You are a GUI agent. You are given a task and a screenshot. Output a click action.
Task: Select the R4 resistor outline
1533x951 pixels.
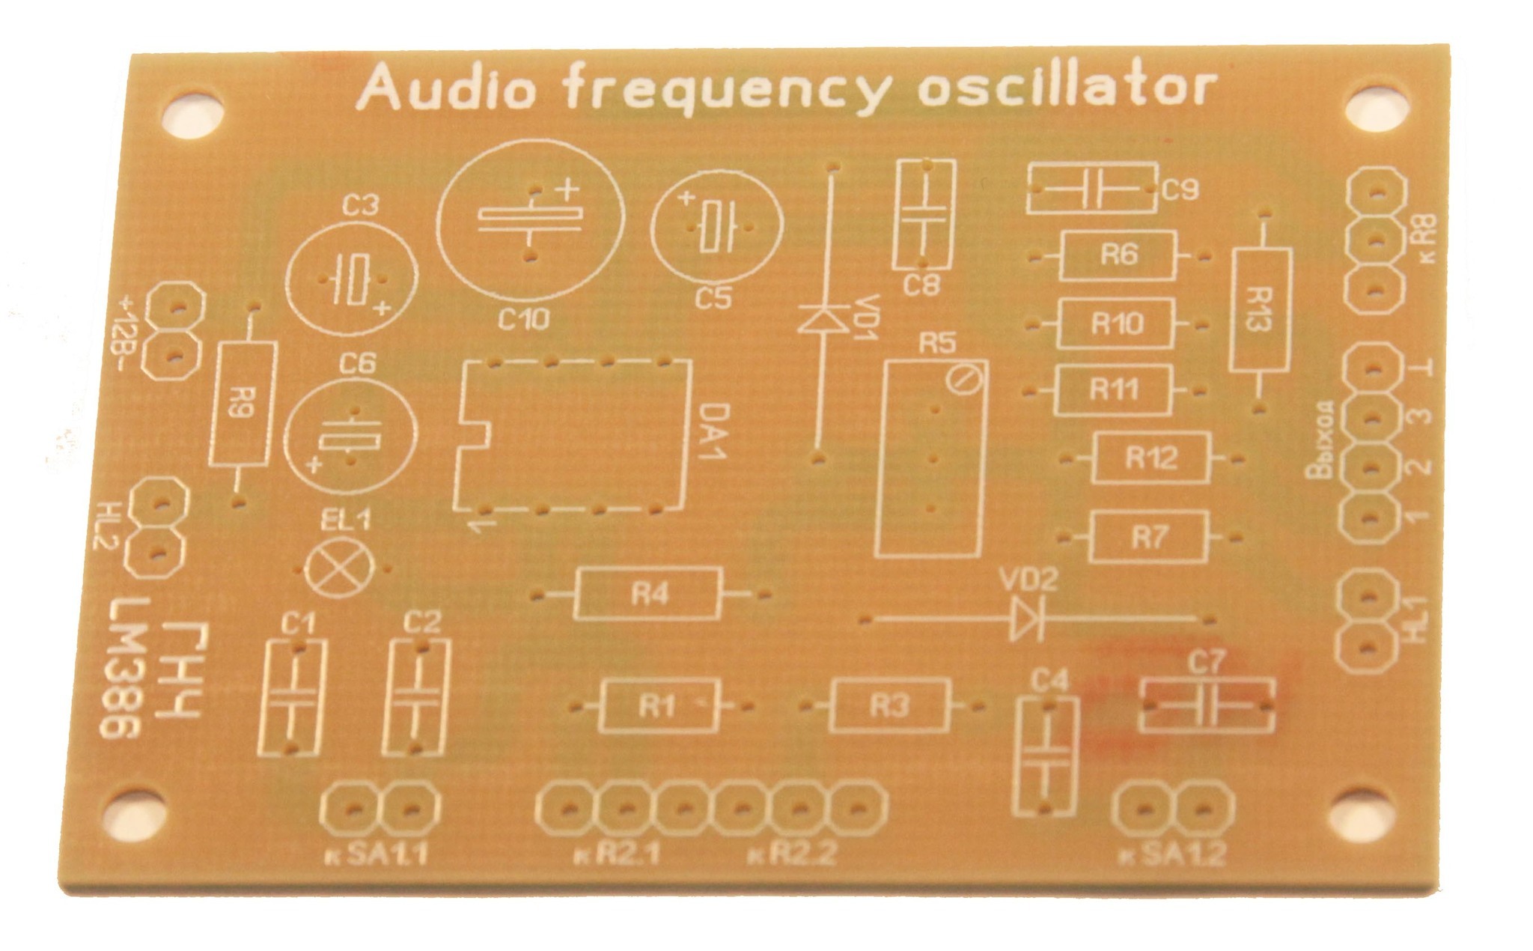coord(648,594)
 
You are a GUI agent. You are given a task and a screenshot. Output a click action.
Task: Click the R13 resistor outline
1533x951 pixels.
coord(1261,310)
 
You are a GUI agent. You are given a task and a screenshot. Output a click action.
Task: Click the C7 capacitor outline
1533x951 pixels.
coord(1206,705)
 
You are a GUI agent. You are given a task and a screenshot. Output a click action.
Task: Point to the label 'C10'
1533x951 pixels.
coord(523,321)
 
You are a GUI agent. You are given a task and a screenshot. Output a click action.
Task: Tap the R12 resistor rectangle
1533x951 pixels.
coord(1151,458)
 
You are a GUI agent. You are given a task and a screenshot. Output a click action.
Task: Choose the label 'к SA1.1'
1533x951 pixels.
coord(378,854)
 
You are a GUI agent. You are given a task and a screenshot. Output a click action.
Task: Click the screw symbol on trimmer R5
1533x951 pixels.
coord(962,380)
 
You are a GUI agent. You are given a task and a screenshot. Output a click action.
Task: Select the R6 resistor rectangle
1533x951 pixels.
coord(1118,256)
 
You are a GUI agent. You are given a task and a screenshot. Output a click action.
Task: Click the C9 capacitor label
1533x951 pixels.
coord(1180,190)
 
